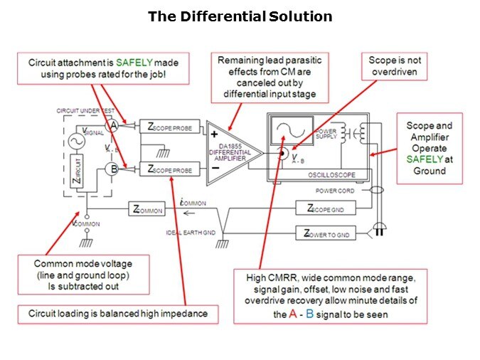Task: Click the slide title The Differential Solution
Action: click(240, 16)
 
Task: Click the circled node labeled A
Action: click(112, 125)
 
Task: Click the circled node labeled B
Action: click(111, 169)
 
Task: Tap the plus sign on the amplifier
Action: click(213, 133)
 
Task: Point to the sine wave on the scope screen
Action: click(290, 131)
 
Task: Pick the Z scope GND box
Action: click(324, 208)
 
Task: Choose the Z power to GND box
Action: click(324, 233)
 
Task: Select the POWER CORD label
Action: click(336, 191)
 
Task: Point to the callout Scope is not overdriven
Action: click(395, 67)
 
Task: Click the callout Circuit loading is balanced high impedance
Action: click(117, 313)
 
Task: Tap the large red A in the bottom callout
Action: click(292, 314)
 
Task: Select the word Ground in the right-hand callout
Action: click(429, 171)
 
